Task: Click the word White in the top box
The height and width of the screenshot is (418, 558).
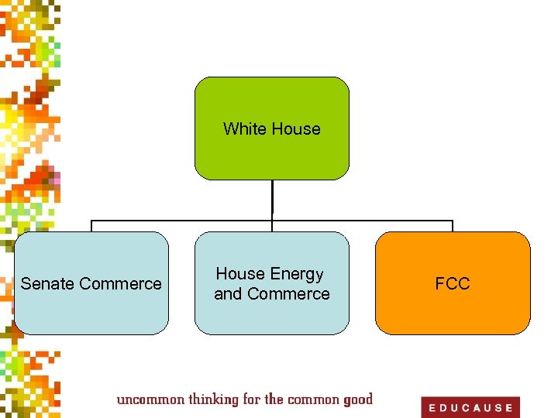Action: pyautogui.click(x=244, y=129)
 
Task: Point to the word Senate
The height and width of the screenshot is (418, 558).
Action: pyautogui.click(x=46, y=284)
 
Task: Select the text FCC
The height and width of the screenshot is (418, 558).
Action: pyautogui.click(x=453, y=284)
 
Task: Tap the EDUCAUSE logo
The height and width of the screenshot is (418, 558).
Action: pyautogui.click(x=470, y=407)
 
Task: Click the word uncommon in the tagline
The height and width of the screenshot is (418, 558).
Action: pyautogui.click(x=151, y=399)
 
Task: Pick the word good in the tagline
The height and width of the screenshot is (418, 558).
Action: pyautogui.click(x=356, y=399)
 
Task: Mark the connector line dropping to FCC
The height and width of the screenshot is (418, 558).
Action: pyautogui.click(x=453, y=225)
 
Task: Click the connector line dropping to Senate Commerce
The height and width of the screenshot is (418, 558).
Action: pyautogui.click(x=91, y=225)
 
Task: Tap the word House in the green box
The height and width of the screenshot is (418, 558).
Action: pyautogui.click(x=296, y=129)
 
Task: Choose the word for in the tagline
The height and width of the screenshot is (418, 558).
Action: pyautogui.click(x=251, y=399)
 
